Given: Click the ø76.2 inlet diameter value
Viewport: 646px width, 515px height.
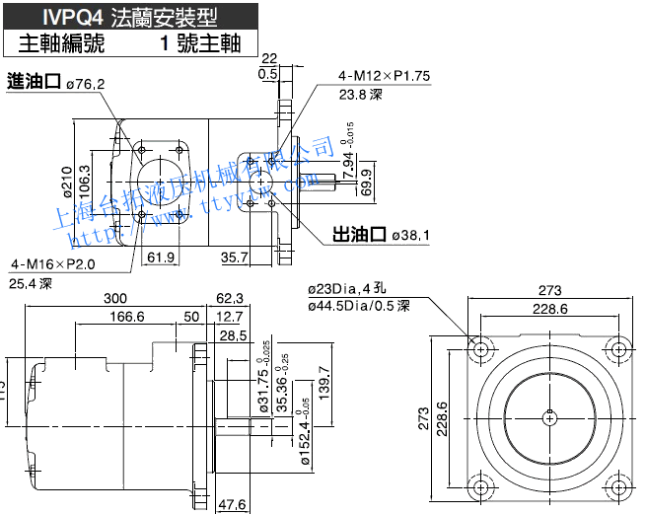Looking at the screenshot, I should tap(86, 84).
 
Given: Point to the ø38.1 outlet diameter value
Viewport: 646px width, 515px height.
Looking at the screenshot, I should tap(412, 237).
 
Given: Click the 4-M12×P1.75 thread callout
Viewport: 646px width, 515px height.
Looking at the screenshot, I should tap(385, 76).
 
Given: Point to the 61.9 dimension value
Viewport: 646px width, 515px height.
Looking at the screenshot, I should tap(160, 258).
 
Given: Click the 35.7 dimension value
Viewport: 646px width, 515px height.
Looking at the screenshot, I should tap(234, 258).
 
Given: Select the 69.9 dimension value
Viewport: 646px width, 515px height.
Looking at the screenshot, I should tap(366, 183).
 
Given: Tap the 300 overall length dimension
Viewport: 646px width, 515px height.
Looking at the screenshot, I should tap(114, 297).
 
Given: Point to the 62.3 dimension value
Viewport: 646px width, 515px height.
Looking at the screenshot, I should tap(229, 297).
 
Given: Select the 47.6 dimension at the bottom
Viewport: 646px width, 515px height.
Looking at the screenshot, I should tap(229, 504).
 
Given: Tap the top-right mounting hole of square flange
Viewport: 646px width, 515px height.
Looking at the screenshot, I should tap(617, 350).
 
